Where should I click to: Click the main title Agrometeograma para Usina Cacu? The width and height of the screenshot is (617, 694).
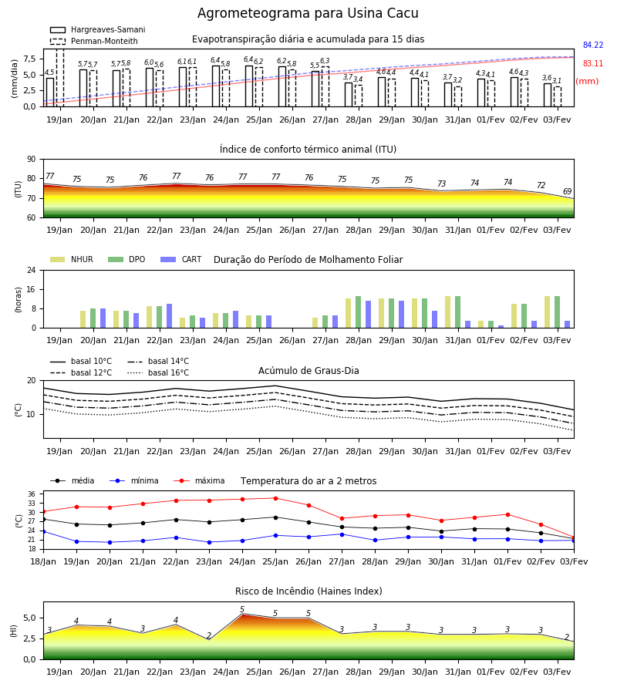(x=308, y=13)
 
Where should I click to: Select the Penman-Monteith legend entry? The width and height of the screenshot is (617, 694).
(x=94, y=41)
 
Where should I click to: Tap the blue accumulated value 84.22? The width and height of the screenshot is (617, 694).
(x=593, y=45)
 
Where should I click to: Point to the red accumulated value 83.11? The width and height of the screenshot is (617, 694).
(x=593, y=63)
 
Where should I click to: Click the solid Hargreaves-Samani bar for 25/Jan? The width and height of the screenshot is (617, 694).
(x=249, y=86)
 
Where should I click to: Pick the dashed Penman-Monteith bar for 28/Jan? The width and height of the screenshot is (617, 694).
(x=359, y=96)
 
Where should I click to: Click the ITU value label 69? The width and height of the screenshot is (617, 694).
(x=567, y=191)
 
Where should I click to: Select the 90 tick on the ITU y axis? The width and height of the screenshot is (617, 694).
(x=31, y=160)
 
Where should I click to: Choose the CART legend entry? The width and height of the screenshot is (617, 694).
(x=180, y=259)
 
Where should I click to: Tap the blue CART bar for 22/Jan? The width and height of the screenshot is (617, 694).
(x=170, y=316)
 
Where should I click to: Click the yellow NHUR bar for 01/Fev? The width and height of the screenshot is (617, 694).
(x=481, y=325)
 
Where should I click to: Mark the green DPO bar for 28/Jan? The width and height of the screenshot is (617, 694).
(x=359, y=312)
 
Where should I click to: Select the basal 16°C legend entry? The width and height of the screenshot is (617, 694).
(x=158, y=372)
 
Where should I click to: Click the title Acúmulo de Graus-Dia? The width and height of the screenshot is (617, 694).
(x=308, y=371)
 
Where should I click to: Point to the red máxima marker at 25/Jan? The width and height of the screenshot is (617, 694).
(x=276, y=498)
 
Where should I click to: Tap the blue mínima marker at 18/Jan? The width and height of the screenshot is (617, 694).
(x=43, y=531)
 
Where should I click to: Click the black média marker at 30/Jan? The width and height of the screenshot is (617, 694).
(x=442, y=531)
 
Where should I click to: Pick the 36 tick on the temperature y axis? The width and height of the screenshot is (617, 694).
(x=32, y=494)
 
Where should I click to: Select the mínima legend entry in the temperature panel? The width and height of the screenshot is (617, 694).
(x=134, y=480)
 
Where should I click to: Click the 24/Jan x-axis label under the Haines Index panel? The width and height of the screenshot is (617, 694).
(x=226, y=672)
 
